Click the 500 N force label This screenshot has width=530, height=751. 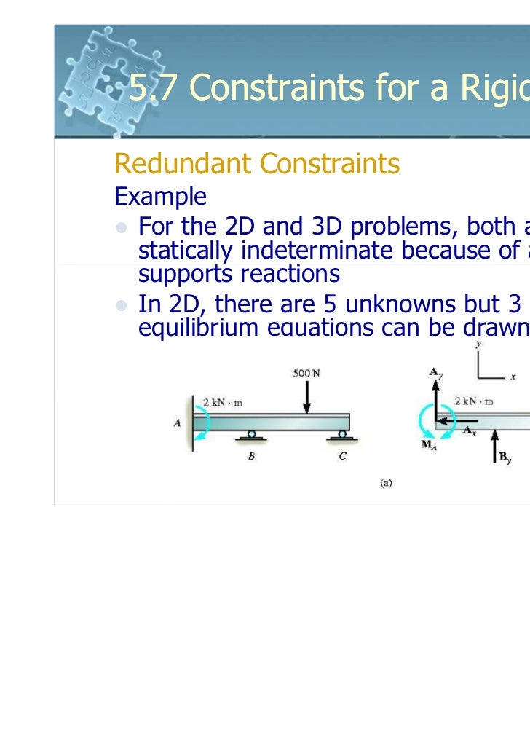pos(306,374)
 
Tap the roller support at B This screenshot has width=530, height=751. pos(251,436)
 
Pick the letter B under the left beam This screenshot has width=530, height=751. pos(251,457)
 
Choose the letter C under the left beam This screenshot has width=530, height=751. pos(341,457)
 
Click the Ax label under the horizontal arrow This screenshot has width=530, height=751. pos(470,430)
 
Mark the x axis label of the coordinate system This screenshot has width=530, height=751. pos(513,377)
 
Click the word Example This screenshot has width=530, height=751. pos(160,196)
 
